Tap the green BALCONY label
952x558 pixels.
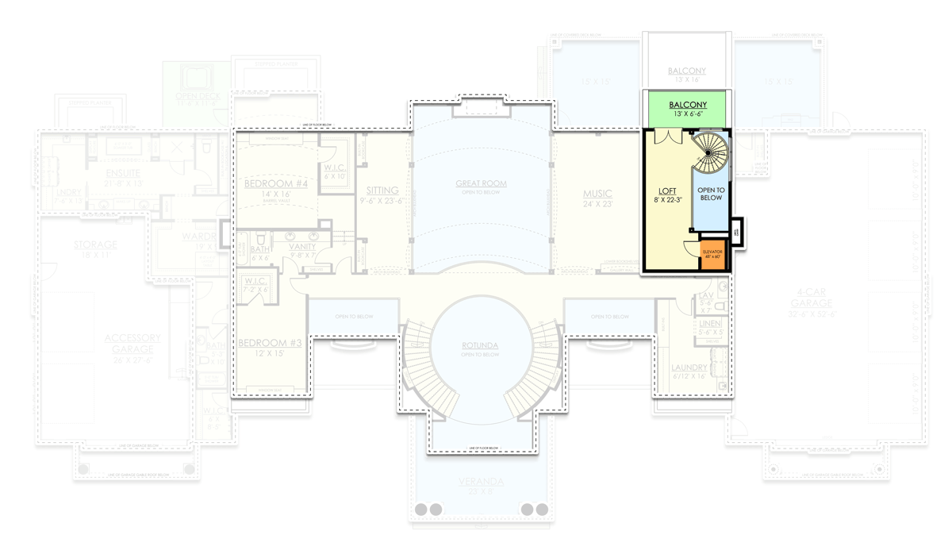pos(688,105)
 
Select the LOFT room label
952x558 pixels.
pos(667,191)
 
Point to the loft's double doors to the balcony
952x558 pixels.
pos(668,137)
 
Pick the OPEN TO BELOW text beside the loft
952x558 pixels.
pos(710,194)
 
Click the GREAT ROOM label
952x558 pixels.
pos(481,183)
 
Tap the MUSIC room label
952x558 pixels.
pos(597,194)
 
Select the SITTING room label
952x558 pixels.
pos(382,190)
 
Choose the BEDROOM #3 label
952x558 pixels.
pos(270,344)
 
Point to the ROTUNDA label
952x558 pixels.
pos(480,345)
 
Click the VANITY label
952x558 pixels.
pos(302,247)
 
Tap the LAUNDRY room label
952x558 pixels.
pos(689,368)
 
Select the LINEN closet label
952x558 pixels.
pos(710,324)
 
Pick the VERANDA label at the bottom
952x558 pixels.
pos(481,482)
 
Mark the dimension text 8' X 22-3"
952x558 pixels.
pos(667,200)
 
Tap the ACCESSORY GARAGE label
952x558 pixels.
pos(132,343)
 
